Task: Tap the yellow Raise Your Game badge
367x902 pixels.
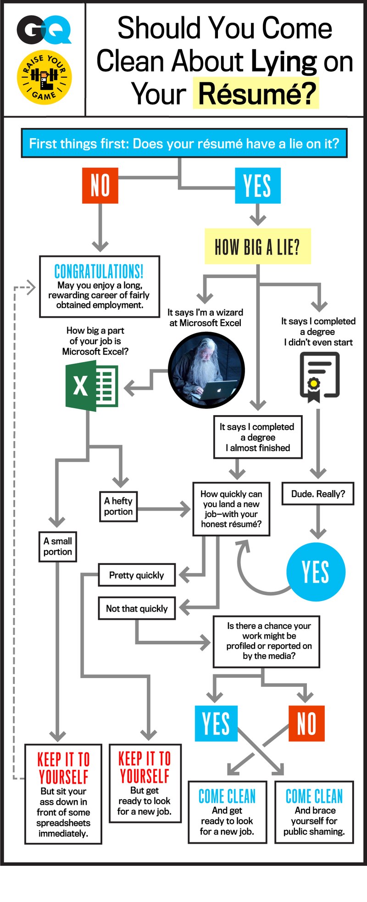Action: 44,77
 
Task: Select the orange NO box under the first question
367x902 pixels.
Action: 100,185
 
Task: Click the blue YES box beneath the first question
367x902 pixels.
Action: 257,185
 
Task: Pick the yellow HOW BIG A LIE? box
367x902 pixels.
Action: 257,247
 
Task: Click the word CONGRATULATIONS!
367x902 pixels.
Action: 99,271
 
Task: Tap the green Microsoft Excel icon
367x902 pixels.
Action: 92,386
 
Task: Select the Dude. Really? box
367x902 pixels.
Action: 318,494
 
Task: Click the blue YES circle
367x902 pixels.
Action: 316,572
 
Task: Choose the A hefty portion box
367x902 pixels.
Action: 118,506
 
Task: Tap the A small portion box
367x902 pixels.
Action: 58,546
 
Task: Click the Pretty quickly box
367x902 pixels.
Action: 137,575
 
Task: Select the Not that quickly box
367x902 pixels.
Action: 137,608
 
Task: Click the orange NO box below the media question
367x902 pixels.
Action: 306,724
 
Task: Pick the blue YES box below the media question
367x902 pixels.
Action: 216,724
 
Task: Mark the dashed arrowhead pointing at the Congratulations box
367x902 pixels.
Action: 31,288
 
